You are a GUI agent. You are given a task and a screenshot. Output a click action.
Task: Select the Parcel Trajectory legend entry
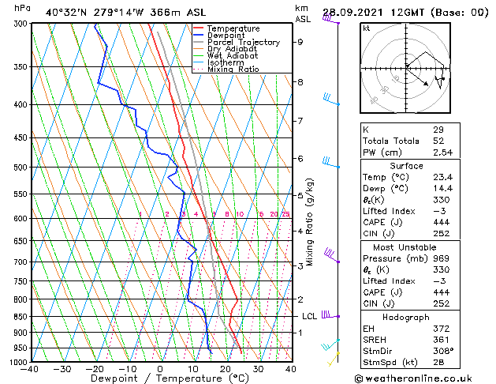(243, 43)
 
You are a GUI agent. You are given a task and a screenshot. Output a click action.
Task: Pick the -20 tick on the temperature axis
(95, 369)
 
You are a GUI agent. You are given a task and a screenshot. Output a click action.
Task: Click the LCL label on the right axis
(310, 317)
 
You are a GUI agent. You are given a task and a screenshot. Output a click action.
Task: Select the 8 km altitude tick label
(300, 82)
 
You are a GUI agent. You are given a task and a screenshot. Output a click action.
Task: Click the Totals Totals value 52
(439, 141)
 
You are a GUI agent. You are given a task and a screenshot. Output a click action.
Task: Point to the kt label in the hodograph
(366, 28)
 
